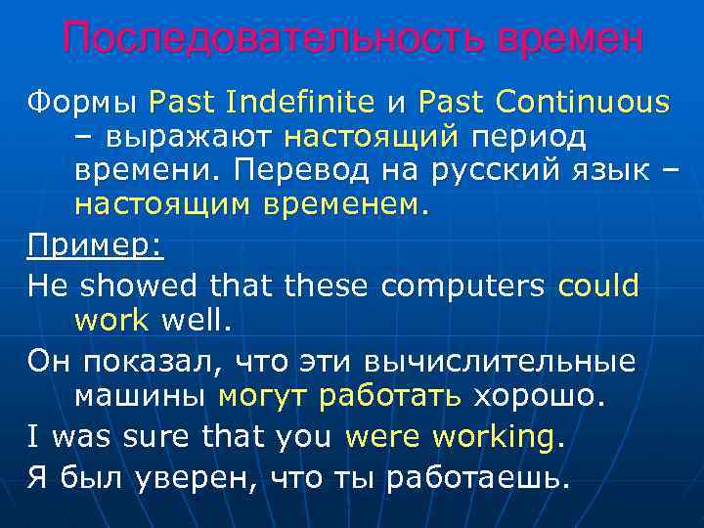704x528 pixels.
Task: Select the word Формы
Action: coord(81,101)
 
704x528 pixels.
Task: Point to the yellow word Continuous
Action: coord(583,101)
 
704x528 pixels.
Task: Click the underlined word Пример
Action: coord(92,245)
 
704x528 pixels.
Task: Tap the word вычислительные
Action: coord(499,361)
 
